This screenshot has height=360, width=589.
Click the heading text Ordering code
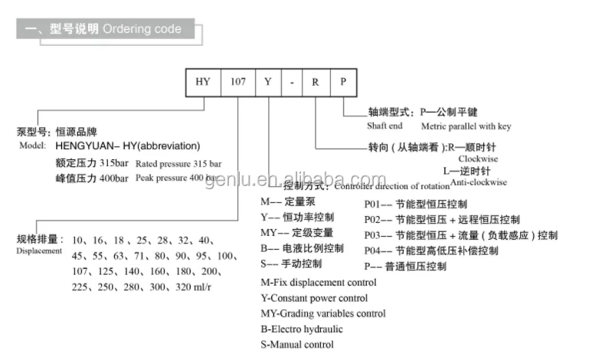[x=142, y=29]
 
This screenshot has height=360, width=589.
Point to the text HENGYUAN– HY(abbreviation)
[x=127, y=146]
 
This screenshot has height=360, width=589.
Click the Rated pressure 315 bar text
[x=178, y=164]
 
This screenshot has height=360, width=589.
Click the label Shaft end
[x=385, y=126]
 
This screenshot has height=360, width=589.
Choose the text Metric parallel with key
[x=465, y=126]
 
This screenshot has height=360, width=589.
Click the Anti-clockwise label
[x=479, y=183]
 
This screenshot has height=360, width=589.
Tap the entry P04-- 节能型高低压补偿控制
[x=430, y=251]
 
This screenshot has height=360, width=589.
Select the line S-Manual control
[x=297, y=345]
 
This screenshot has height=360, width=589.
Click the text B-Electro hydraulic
[x=302, y=329]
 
